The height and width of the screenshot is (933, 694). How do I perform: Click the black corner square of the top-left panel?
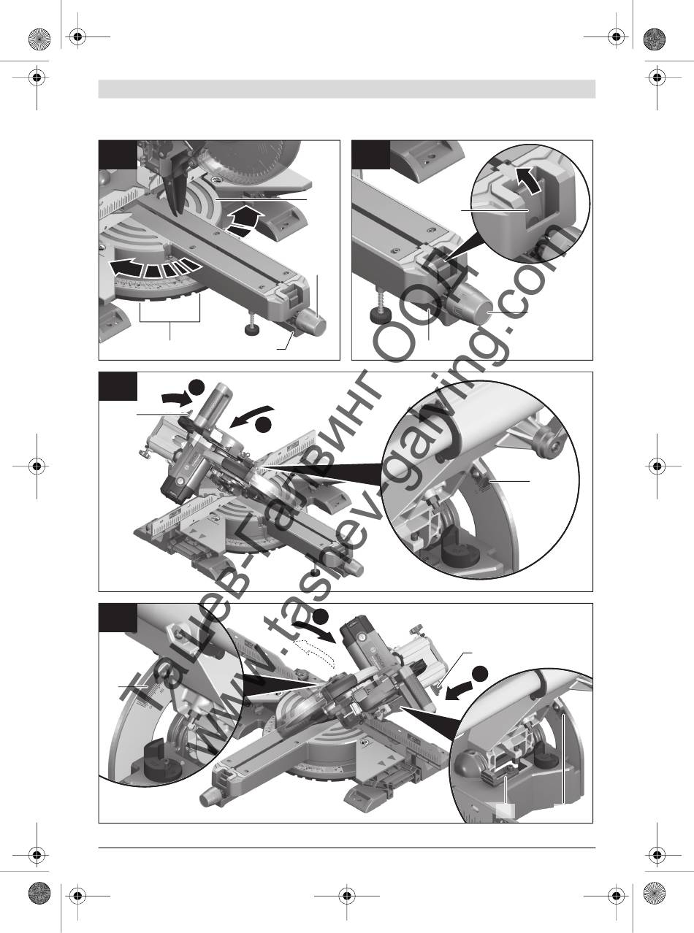coord(118,155)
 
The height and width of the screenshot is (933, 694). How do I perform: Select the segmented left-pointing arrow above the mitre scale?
coord(153,267)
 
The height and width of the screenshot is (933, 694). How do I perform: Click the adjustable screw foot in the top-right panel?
coord(380,310)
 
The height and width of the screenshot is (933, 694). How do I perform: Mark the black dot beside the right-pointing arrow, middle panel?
coord(197,388)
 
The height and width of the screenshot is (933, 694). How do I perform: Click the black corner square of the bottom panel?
coord(118,618)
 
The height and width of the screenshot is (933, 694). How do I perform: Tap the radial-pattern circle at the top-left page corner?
coord(39,39)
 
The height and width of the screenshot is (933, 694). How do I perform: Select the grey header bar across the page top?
coord(347,89)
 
